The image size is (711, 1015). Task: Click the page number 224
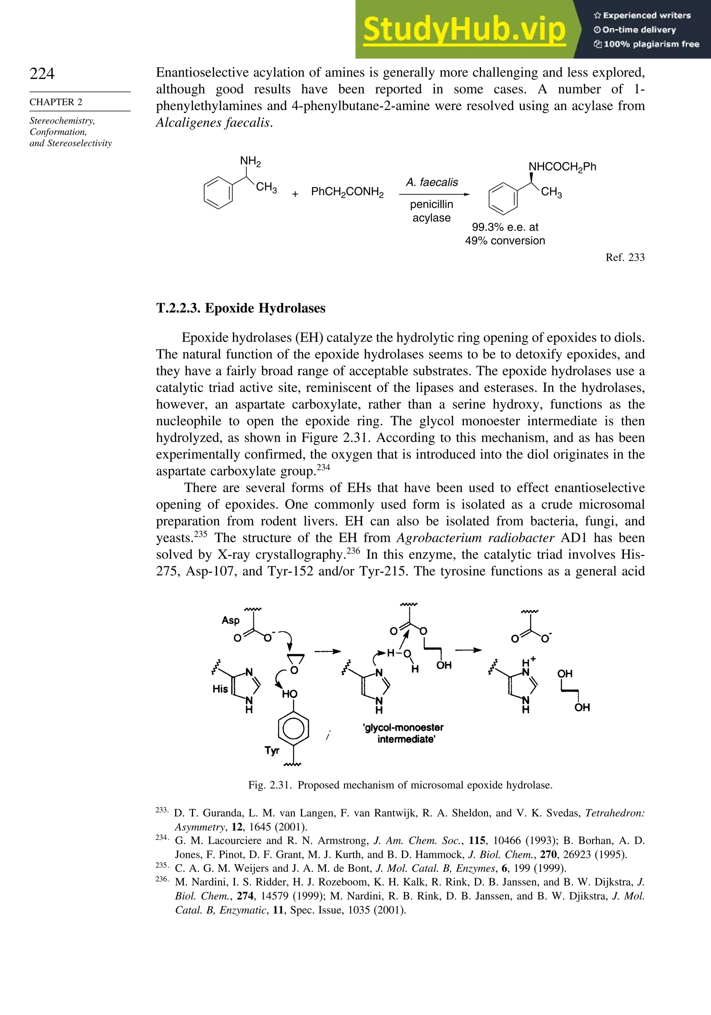coord(42,74)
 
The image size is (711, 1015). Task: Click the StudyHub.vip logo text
coord(464,30)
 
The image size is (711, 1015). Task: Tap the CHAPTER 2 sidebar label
coord(56,102)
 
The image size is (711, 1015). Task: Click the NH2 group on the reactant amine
coord(250,161)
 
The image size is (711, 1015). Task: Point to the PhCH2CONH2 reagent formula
coord(347,192)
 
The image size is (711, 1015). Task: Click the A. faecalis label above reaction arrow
coord(432,182)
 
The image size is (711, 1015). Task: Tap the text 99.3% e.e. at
coord(505,227)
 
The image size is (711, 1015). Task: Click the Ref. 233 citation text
coord(625,257)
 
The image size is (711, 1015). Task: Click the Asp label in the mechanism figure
coord(231,620)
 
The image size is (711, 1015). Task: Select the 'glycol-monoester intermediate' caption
coord(403,733)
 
